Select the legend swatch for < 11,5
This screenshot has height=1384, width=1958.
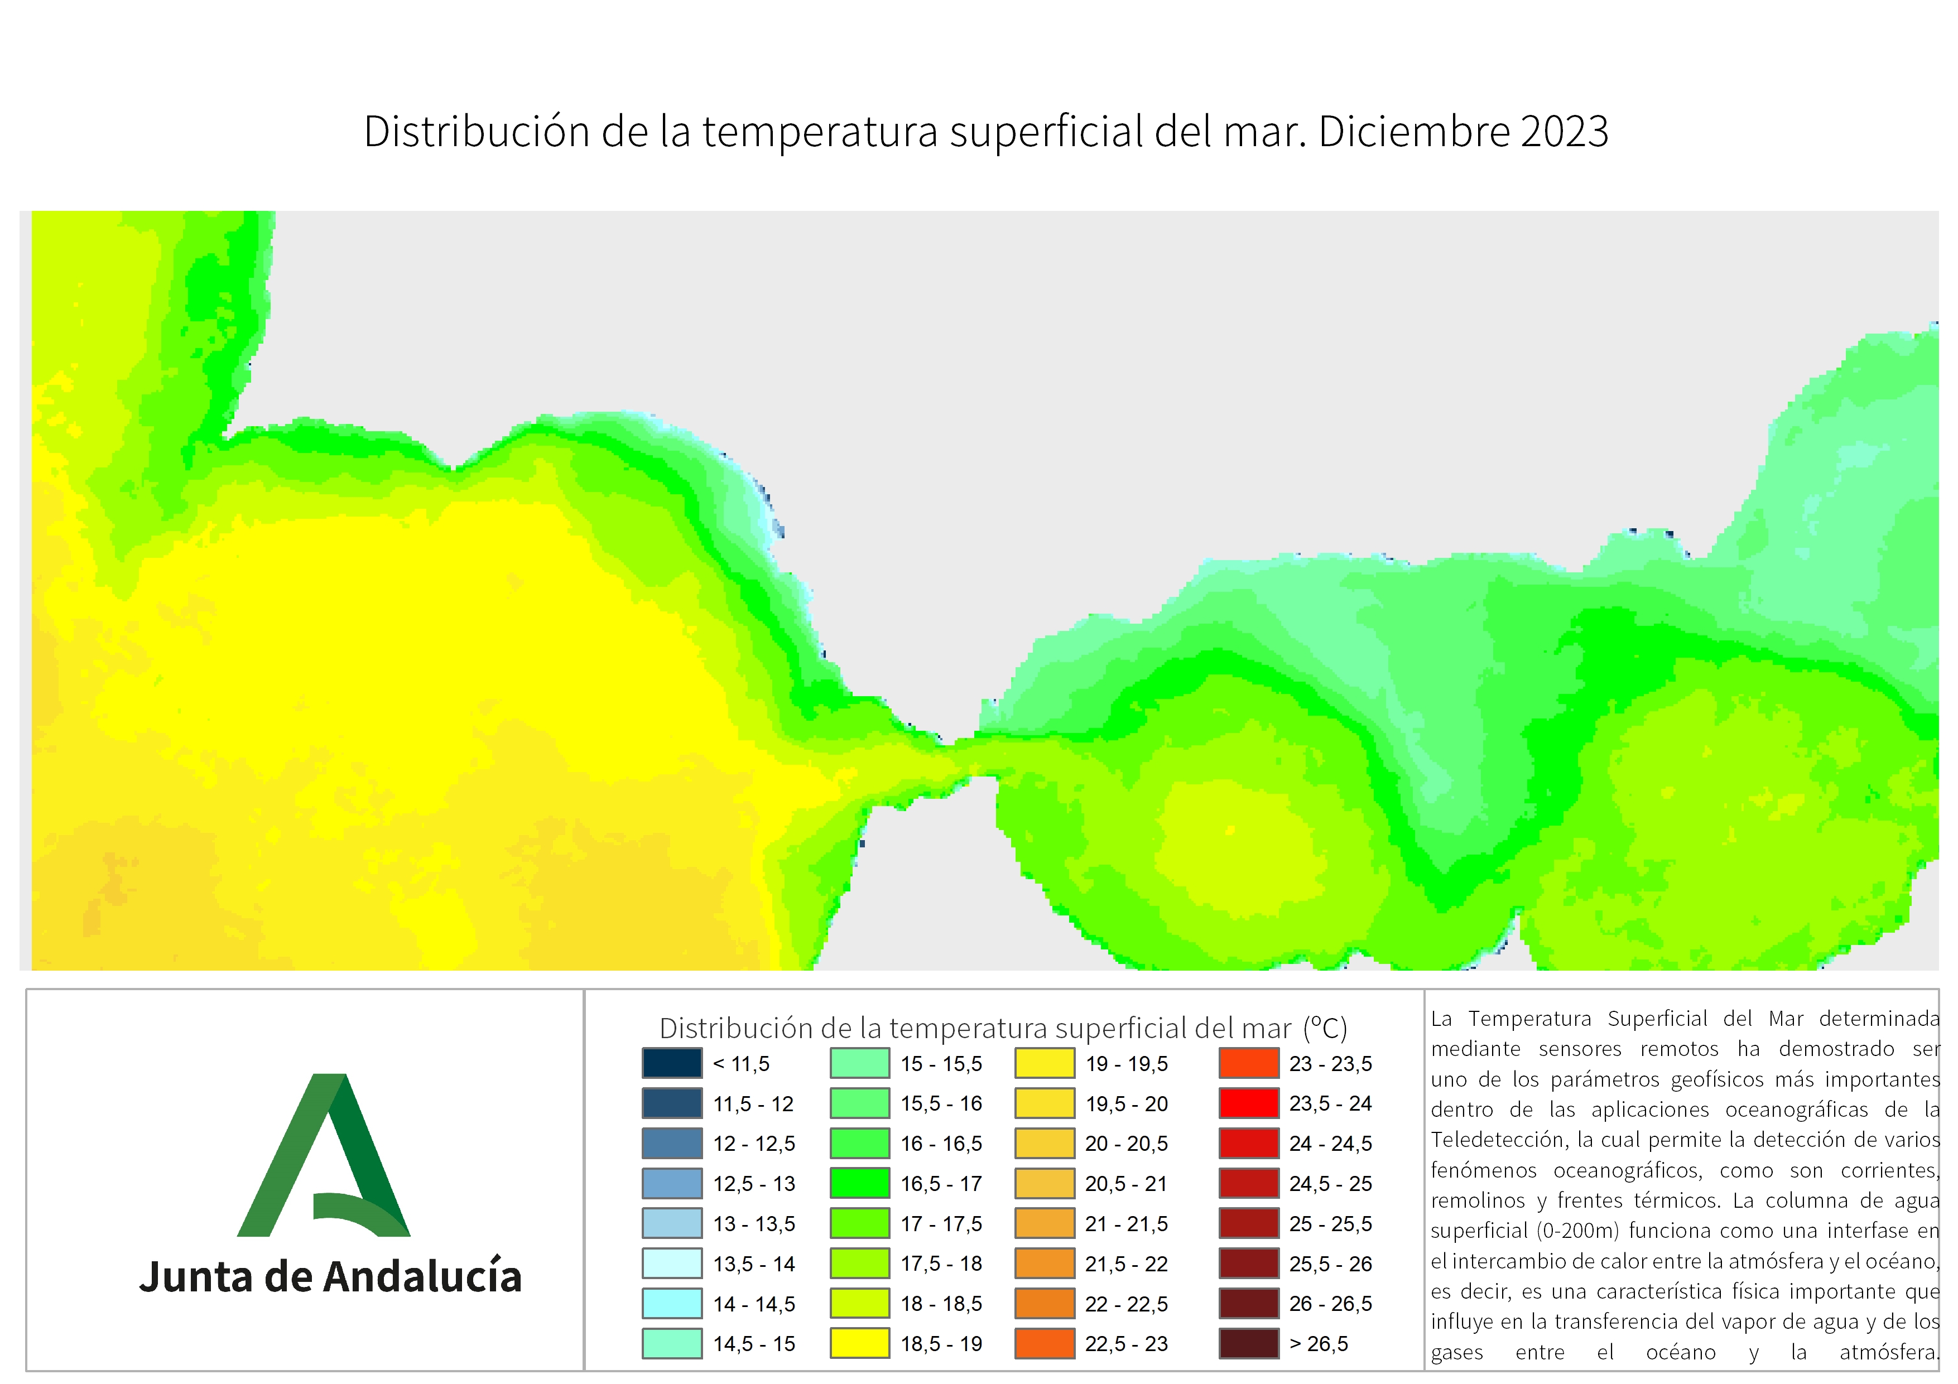tap(672, 1063)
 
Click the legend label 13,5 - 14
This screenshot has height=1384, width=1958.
tap(754, 1264)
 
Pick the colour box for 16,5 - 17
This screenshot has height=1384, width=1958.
tap(860, 1184)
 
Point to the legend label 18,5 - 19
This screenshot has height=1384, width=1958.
tap(941, 1344)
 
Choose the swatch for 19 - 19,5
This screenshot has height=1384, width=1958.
tap(1045, 1063)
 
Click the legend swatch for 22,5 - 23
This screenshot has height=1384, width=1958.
tap(1045, 1344)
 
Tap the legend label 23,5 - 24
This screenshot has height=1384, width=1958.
tap(1330, 1103)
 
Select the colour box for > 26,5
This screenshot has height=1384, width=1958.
tap(1249, 1344)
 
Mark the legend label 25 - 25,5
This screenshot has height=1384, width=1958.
tap(1330, 1224)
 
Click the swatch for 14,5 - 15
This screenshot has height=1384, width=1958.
tap(672, 1344)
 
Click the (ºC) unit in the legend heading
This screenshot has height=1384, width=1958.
tap(1325, 1029)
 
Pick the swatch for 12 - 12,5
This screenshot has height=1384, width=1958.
tap(672, 1144)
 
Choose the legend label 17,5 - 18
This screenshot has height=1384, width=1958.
tap(941, 1264)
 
